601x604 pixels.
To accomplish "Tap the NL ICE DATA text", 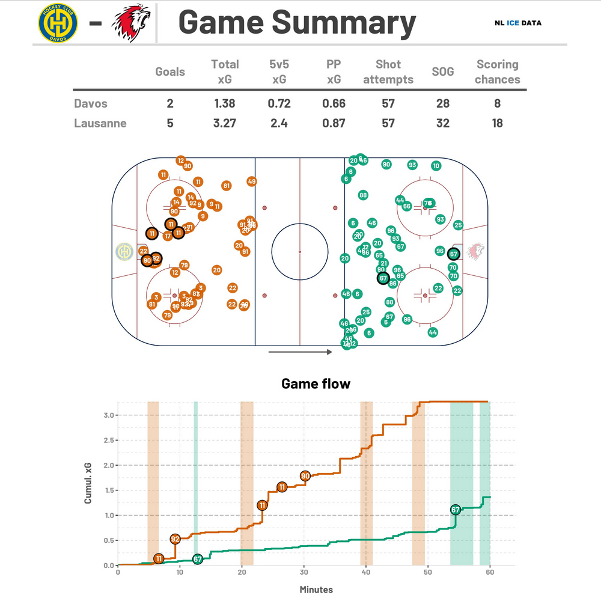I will click(x=517, y=23).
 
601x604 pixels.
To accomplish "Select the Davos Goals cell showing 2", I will click(x=170, y=103).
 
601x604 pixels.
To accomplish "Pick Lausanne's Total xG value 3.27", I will click(x=225, y=123).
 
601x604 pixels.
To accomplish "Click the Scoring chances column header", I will click(x=497, y=72).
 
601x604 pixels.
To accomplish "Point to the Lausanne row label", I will click(x=100, y=123).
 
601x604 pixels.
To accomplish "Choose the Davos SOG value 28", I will click(x=442, y=103).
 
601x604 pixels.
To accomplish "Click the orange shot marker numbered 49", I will click(x=252, y=182).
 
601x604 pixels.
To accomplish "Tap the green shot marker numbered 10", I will click(x=436, y=166).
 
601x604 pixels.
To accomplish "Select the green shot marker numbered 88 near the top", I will click(x=363, y=195).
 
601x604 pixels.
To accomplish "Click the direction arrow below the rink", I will click(x=300, y=352).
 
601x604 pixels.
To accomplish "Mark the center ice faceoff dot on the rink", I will click(x=300, y=251).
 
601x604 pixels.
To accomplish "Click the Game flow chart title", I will click(x=316, y=383).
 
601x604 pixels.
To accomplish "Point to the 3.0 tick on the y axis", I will click(x=108, y=415).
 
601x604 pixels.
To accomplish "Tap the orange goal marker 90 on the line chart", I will click(x=305, y=476).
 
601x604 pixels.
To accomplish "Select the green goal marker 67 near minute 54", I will click(x=455, y=510).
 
